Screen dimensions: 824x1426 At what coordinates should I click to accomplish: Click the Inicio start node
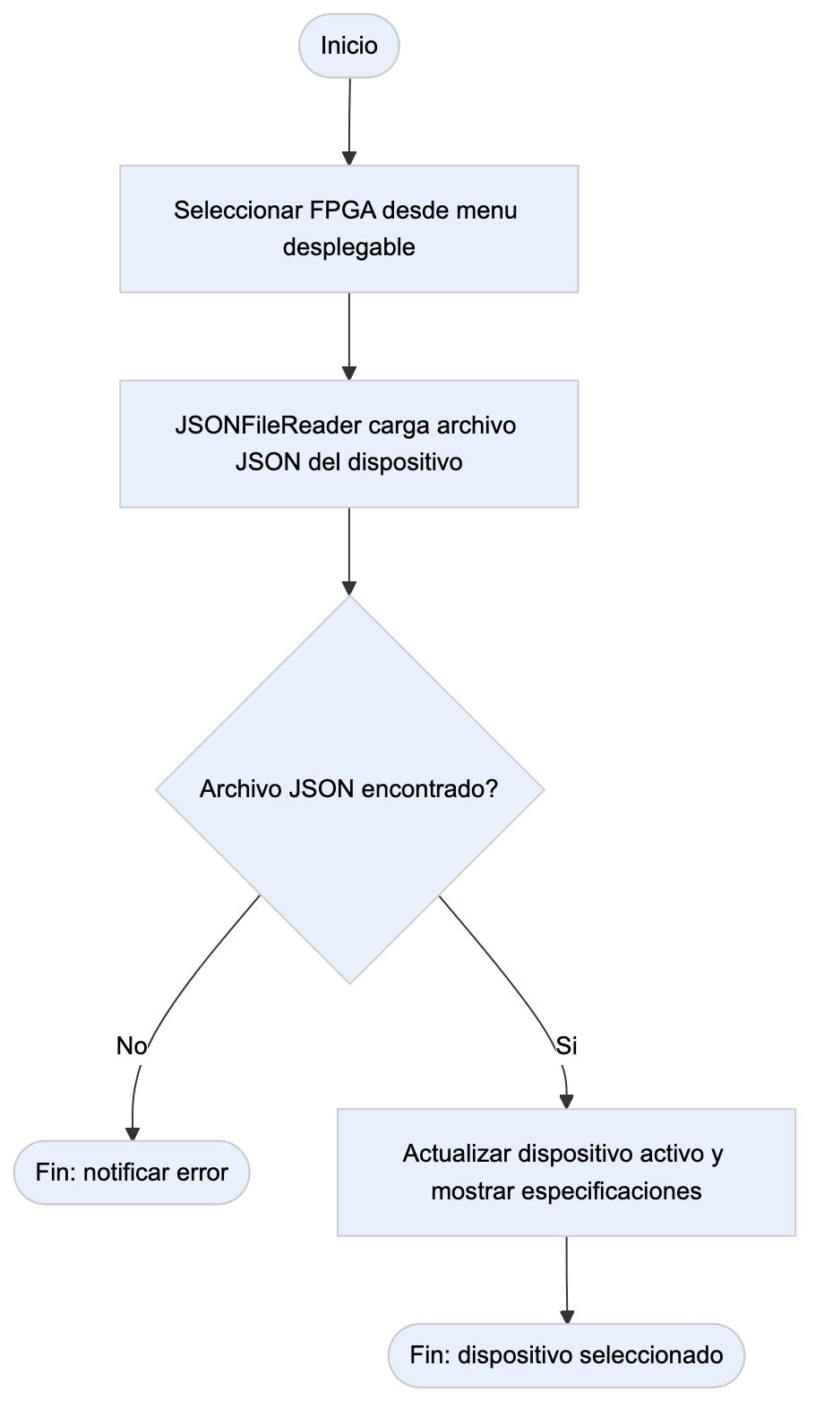[x=349, y=46]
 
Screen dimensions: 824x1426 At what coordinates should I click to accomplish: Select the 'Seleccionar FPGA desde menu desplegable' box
[x=349, y=229]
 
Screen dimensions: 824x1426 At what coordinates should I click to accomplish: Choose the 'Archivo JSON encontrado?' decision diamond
[x=349, y=789]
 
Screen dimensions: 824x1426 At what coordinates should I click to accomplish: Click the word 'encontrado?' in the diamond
[x=429, y=789]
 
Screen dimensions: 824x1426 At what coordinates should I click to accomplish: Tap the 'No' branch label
[x=132, y=1046]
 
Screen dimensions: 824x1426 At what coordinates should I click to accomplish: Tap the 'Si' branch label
[x=566, y=1046]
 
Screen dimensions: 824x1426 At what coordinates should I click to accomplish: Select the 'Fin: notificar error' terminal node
[x=132, y=1173]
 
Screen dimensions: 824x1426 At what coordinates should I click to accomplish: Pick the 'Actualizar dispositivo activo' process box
[x=566, y=1173]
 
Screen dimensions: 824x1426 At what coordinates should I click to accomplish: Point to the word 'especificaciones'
[x=612, y=1191]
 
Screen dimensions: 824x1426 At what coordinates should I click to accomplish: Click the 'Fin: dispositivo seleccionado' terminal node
[x=566, y=1356]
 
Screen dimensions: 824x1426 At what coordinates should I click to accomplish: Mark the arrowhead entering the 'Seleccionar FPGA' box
[x=349, y=159]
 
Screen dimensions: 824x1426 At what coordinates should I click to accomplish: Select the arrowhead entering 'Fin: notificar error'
[x=132, y=1134]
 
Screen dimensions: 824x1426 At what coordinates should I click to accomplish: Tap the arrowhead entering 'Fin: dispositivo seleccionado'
[x=566, y=1317]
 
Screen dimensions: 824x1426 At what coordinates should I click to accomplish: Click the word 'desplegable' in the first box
[x=349, y=247]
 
